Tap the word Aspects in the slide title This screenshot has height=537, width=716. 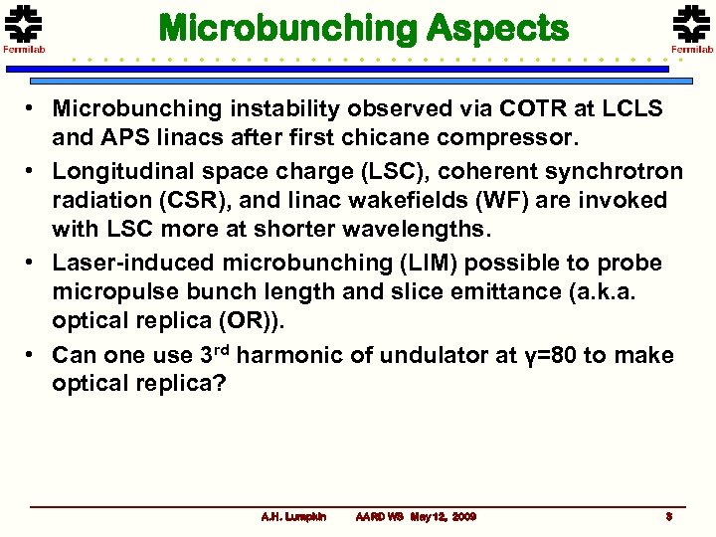(497, 28)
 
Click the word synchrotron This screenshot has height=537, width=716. (608, 172)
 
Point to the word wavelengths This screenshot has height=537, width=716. (430, 228)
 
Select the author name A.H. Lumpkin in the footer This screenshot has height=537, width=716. (293, 517)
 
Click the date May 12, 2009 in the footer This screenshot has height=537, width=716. (444, 517)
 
